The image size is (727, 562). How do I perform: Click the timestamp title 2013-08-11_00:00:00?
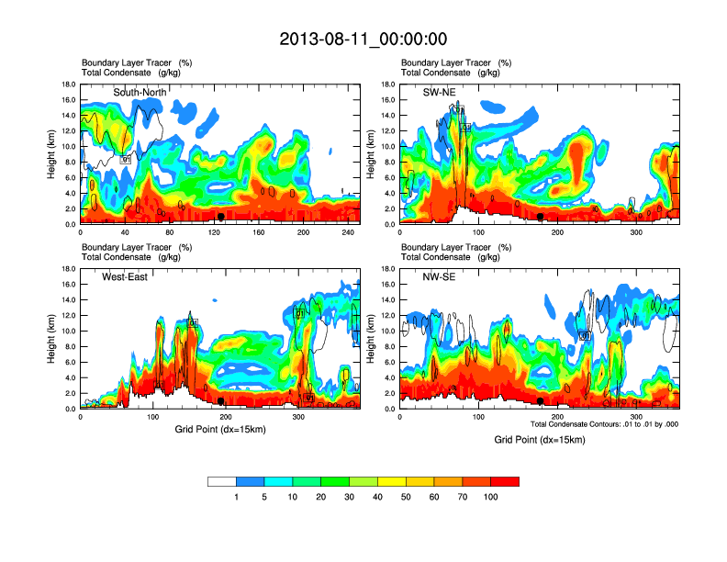(x=363, y=39)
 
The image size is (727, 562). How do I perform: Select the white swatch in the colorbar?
(x=222, y=481)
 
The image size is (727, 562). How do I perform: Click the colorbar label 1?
(x=237, y=497)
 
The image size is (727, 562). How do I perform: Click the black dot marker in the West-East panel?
(x=221, y=400)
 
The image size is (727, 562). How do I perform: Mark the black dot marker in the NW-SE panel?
(x=541, y=400)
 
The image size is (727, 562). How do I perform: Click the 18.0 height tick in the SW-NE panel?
(x=387, y=84)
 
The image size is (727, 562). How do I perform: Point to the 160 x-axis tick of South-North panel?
(x=259, y=233)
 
